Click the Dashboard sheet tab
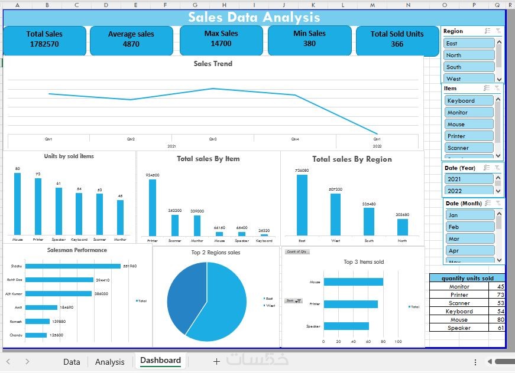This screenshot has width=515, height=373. click(160, 361)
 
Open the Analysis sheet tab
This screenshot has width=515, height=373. click(110, 362)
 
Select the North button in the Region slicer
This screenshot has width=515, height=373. click(469, 55)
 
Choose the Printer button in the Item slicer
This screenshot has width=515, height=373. click(469, 136)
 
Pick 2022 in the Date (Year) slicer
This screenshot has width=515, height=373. click(469, 191)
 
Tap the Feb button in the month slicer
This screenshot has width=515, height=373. click(469, 227)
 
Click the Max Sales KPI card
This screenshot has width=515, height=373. click(221, 39)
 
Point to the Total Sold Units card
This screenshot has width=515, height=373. click(397, 39)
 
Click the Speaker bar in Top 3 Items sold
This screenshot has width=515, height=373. click(346, 326)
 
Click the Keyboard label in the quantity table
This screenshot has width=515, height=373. click(459, 311)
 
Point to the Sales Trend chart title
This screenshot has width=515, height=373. click(213, 64)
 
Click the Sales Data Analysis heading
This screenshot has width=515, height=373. click(254, 18)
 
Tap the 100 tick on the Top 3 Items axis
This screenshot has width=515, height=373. click(398, 341)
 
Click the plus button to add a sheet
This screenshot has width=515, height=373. click(216, 361)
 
